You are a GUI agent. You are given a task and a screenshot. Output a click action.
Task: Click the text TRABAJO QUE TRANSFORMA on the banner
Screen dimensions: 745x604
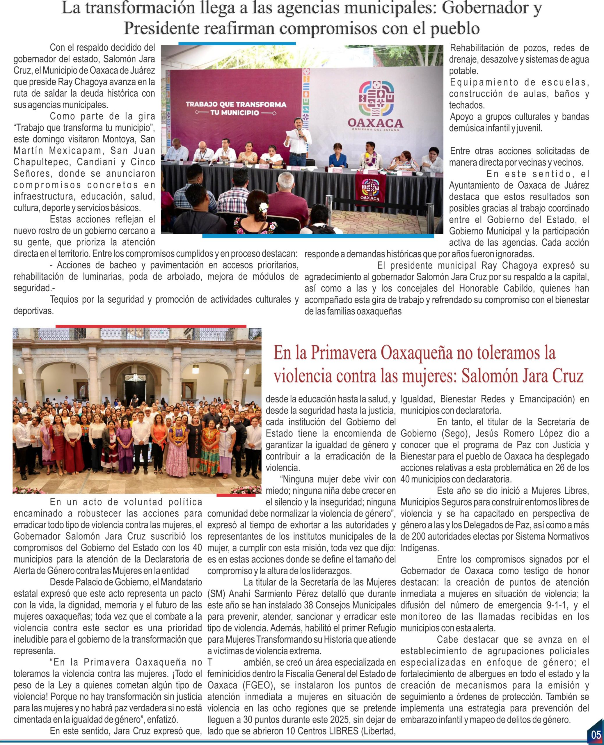(x=236, y=104)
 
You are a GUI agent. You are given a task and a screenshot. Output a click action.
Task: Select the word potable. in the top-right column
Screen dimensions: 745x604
(x=463, y=71)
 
